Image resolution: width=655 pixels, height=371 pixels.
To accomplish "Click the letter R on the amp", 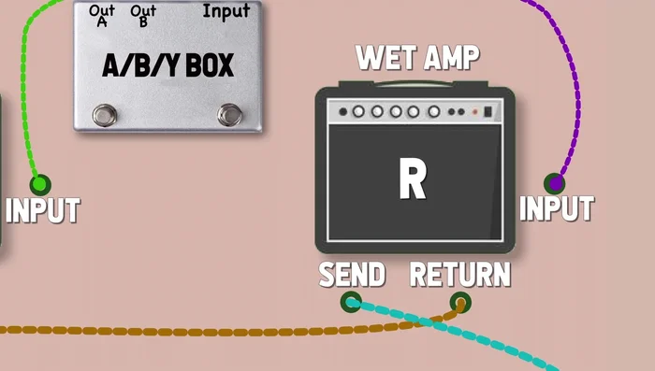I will [x=413, y=179].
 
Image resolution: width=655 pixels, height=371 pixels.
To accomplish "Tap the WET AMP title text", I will [x=417, y=58].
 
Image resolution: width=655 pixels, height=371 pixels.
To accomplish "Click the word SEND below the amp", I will [x=352, y=275].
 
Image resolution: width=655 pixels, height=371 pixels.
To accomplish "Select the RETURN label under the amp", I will [x=460, y=275].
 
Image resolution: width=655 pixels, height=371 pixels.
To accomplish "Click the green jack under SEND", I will [x=351, y=301].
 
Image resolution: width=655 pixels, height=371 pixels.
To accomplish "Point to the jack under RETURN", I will [x=459, y=302].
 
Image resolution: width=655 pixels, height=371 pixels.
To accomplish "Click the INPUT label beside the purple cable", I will [x=557, y=207].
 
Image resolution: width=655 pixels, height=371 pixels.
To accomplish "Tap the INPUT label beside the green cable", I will [x=42, y=210].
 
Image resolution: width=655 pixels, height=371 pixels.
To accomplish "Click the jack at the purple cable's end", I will [x=555, y=183].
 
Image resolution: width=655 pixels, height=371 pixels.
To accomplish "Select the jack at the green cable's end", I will [x=39, y=185].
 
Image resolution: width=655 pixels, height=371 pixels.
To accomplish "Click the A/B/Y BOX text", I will [x=167, y=65].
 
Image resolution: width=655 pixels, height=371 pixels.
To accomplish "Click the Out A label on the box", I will [x=102, y=15].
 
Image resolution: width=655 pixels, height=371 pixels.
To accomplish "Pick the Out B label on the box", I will [x=142, y=15].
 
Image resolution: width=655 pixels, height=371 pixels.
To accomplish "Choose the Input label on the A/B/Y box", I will [x=226, y=11].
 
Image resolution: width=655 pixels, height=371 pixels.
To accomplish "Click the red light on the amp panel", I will [x=474, y=112].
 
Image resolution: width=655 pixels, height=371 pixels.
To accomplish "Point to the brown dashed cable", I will [x=187, y=330].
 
